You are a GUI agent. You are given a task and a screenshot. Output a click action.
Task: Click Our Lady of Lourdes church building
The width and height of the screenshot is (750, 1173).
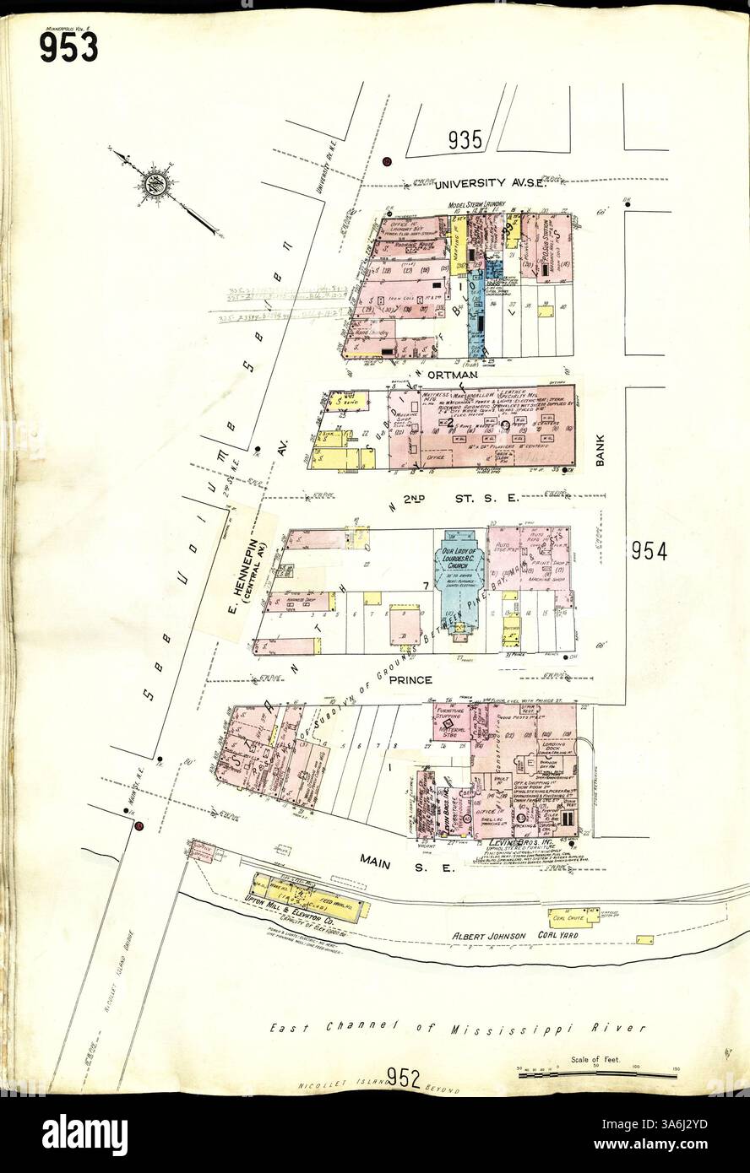(x=460, y=582)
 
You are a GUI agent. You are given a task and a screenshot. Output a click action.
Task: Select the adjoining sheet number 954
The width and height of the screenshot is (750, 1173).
(x=649, y=552)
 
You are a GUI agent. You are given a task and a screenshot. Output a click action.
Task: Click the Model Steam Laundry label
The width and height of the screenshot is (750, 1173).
(x=477, y=204)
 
